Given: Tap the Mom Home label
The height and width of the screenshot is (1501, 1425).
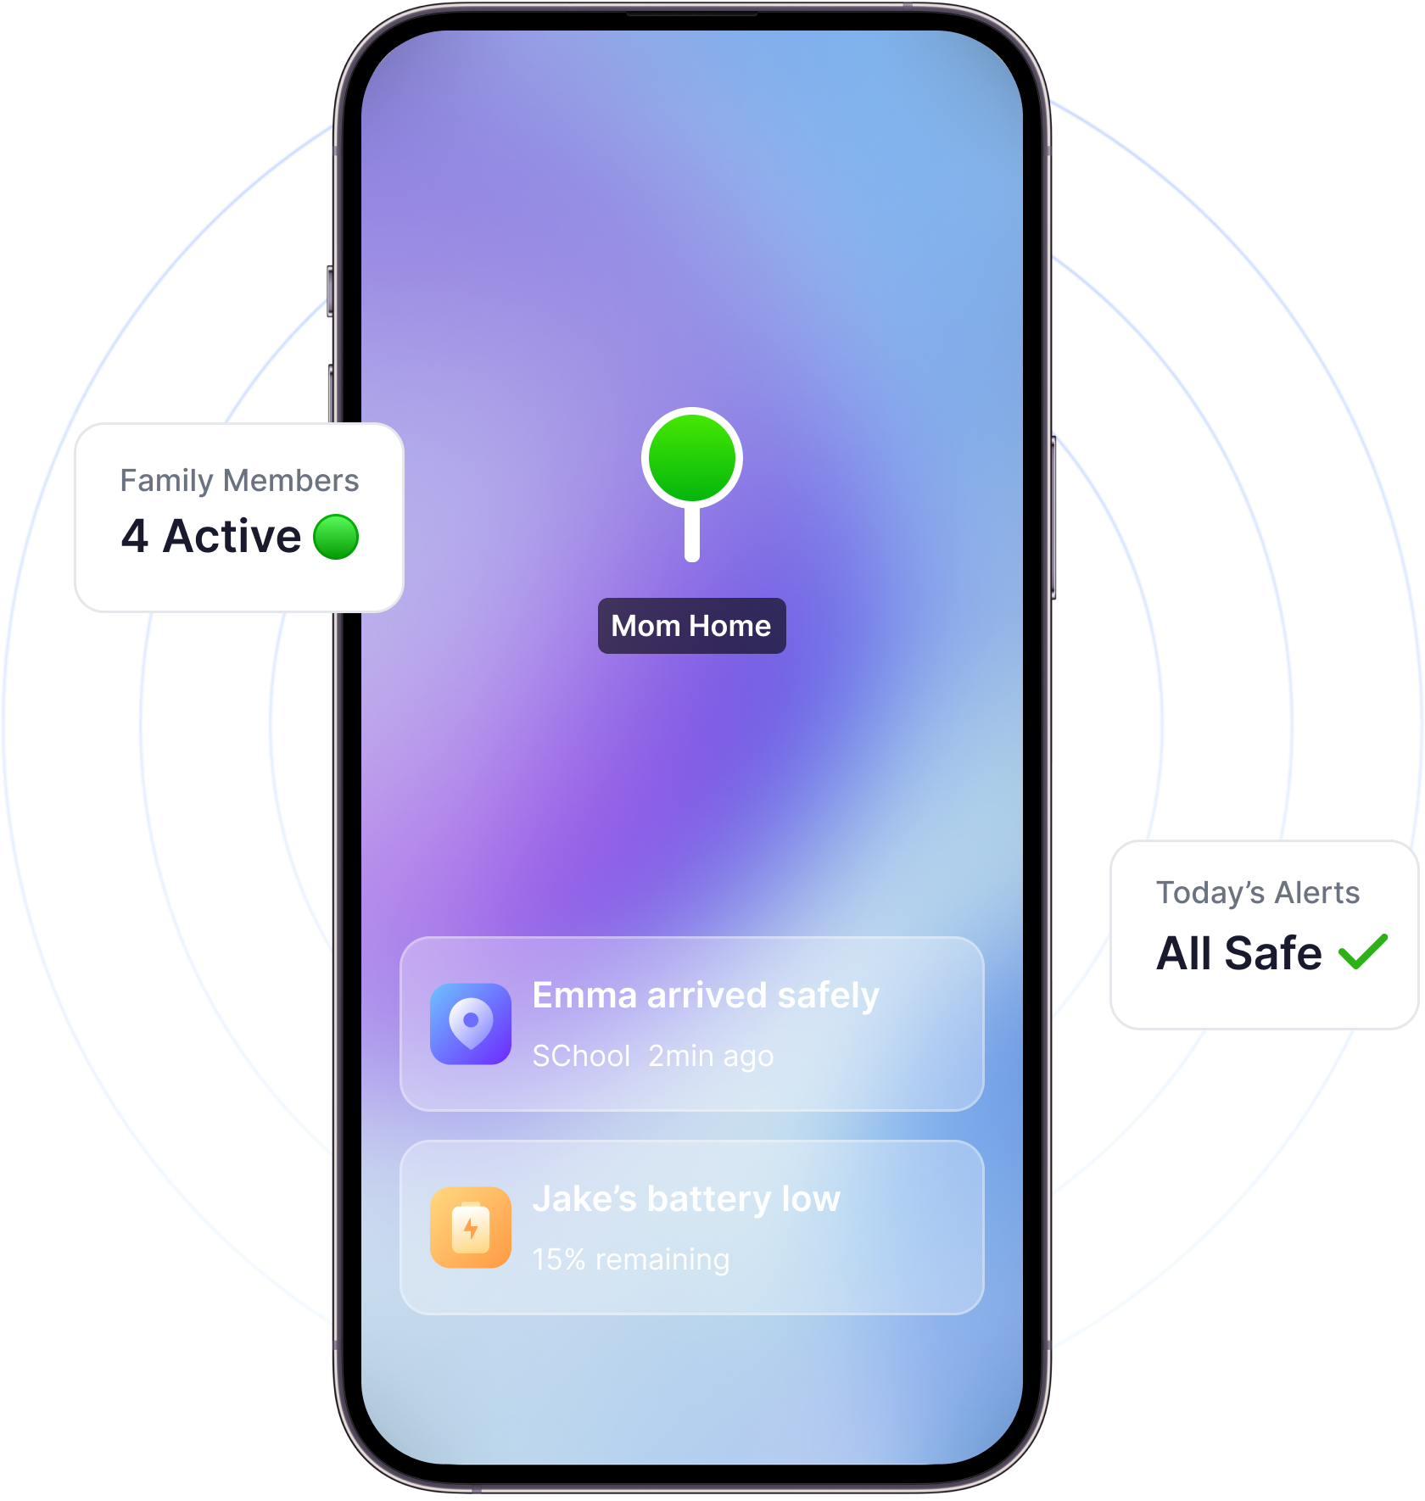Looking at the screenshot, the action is pyautogui.click(x=691, y=626).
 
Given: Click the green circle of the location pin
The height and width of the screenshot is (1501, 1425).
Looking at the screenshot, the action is pyautogui.click(x=692, y=458).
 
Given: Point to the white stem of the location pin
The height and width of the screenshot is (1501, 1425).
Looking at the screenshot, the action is pyautogui.click(x=692, y=533).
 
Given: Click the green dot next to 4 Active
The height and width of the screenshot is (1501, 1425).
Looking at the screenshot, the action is pyautogui.click(x=336, y=537).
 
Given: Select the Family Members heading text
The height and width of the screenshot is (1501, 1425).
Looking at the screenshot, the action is pyautogui.click(x=239, y=481).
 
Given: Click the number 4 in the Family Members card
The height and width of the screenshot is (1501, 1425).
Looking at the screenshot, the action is pyautogui.click(x=135, y=536).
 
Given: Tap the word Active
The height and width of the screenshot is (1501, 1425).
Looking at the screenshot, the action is pyautogui.click(x=232, y=536).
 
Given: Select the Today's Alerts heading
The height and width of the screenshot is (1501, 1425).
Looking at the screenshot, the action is pyautogui.click(x=1258, y=893).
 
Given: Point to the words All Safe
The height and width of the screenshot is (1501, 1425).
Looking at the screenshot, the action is pyautogui.click(x=1239, y=953).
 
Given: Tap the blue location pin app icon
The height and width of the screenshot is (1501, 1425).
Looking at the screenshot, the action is pyautogui.click(x=471, y=1024).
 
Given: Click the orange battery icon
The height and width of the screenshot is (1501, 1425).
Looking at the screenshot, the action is pyautogui.click(x=471, y=1227).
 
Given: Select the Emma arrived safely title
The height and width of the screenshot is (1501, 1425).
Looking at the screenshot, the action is pyautogui.click(x=706, y=996).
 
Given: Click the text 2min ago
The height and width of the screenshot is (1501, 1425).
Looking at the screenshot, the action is pyautogui.click(x=711, y=1057).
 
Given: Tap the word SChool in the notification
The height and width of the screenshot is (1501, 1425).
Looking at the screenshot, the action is pyautogui.click(x=582, y=1057).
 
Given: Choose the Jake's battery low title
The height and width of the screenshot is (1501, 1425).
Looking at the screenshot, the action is pyautogui.click(x=686, y=1199).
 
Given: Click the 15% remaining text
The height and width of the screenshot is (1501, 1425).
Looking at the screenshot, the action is pyautogui.click(x=631, y=1260).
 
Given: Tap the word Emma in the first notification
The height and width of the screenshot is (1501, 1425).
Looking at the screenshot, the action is pyautogui.click(x=584, y=996).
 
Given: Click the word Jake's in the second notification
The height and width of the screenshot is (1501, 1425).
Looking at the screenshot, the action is pyautogui.click(x=584, y=1199).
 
